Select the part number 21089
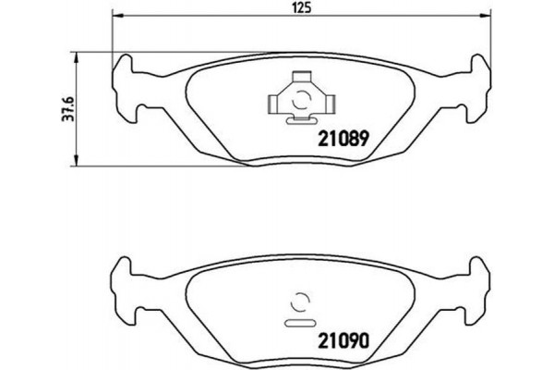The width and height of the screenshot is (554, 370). pyautogui.click(x=343, y=141)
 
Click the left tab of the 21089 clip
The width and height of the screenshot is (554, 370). pyautogui.click(x=274, y=100)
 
